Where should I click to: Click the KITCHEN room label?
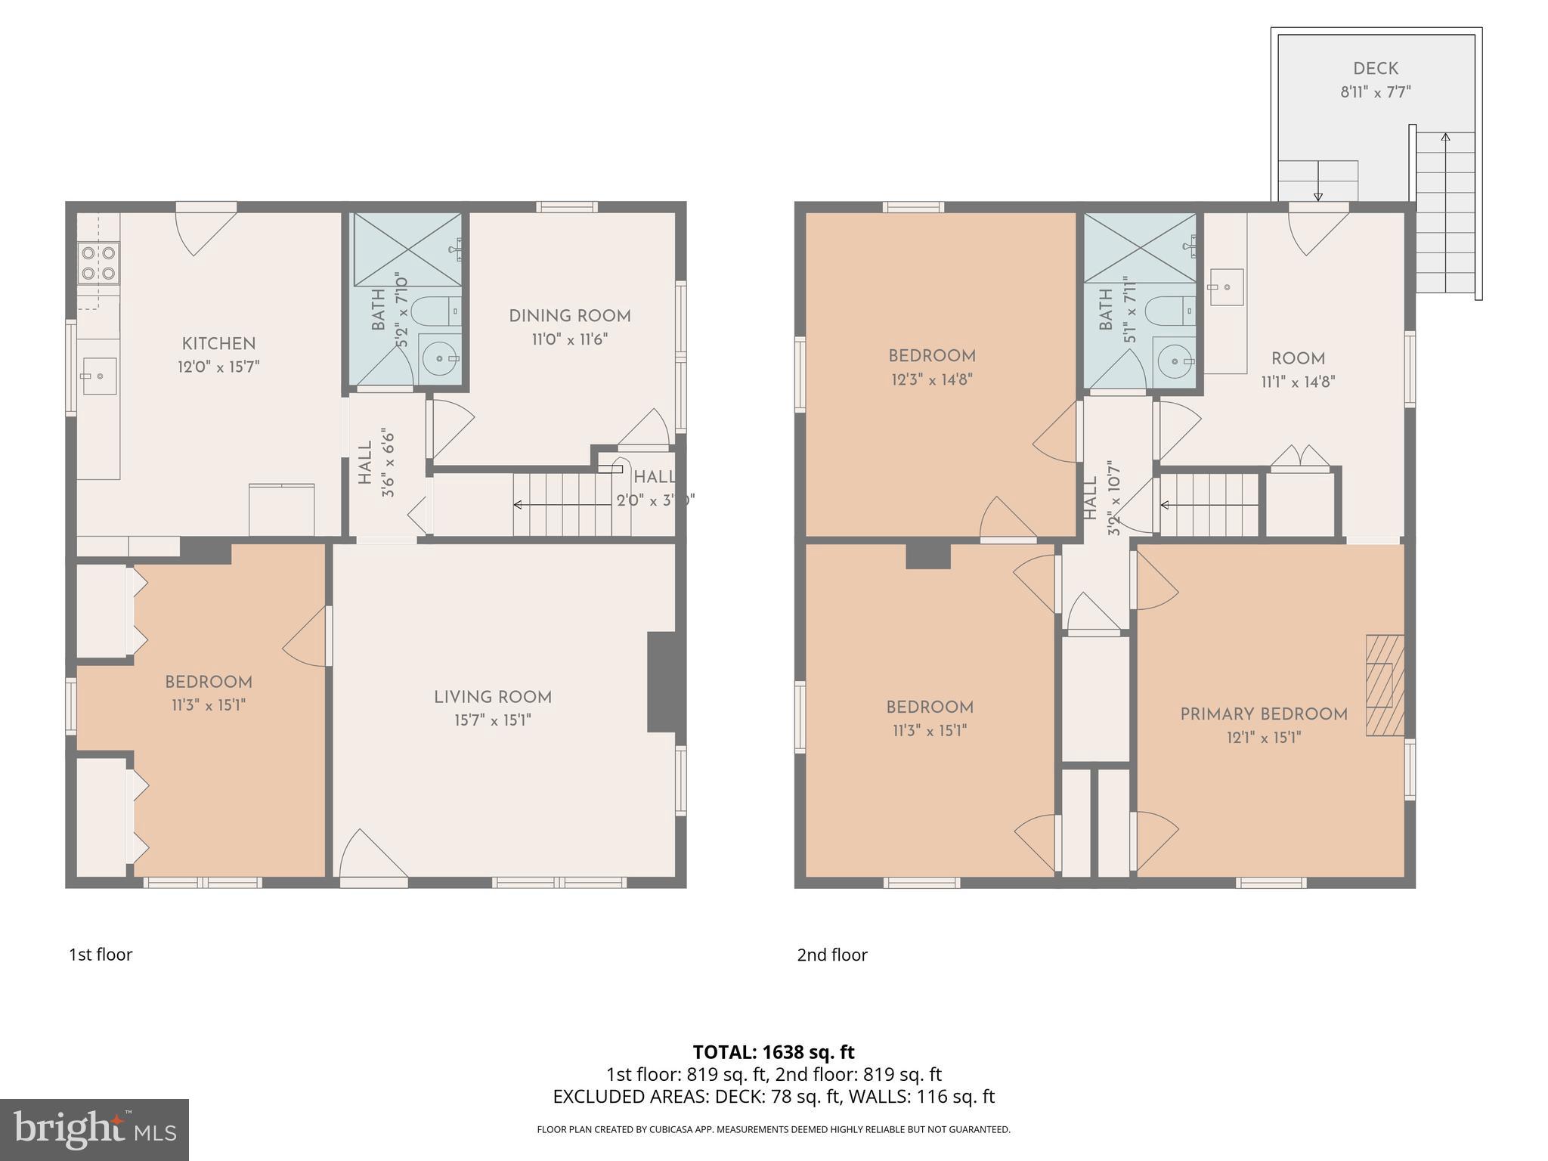[x=218, y=344]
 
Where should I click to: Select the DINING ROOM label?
[x=569, y=316]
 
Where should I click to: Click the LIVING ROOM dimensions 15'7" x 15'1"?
[x=492, y=720]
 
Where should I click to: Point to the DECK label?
[x=1375, y=69]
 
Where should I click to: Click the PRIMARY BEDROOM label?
[x=1263, y=714]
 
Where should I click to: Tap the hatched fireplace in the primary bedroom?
[x=1384, y=685]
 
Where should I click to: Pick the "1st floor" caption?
[x=101, y=955]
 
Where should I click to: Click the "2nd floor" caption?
[x=831, y=955]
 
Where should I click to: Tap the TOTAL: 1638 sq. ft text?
[x=773, y=1051]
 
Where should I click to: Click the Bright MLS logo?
[x=94, y=1129]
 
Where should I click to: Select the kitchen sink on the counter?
[x=99, y=376]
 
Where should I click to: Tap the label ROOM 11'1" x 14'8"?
[x=1298, y=370]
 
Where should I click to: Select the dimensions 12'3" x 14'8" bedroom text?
[x=931, y=379]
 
